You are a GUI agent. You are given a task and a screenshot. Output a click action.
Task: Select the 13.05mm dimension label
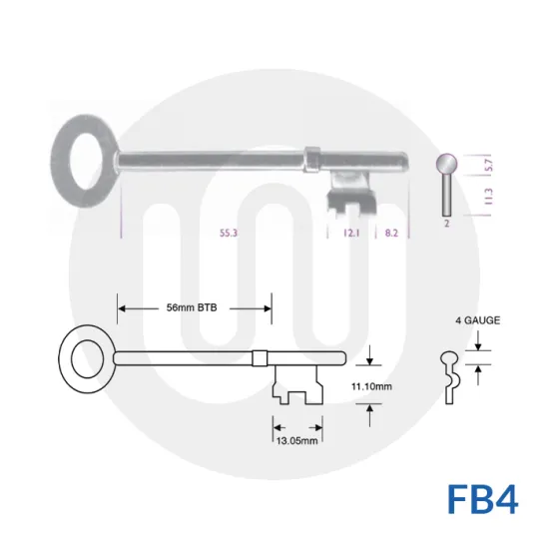click(295, 439)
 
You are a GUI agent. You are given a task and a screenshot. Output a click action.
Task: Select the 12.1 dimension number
click(350, 232)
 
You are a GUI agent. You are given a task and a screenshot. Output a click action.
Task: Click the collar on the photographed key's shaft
click(311, 158)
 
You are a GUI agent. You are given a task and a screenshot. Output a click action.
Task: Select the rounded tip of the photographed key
click(407, 161)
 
